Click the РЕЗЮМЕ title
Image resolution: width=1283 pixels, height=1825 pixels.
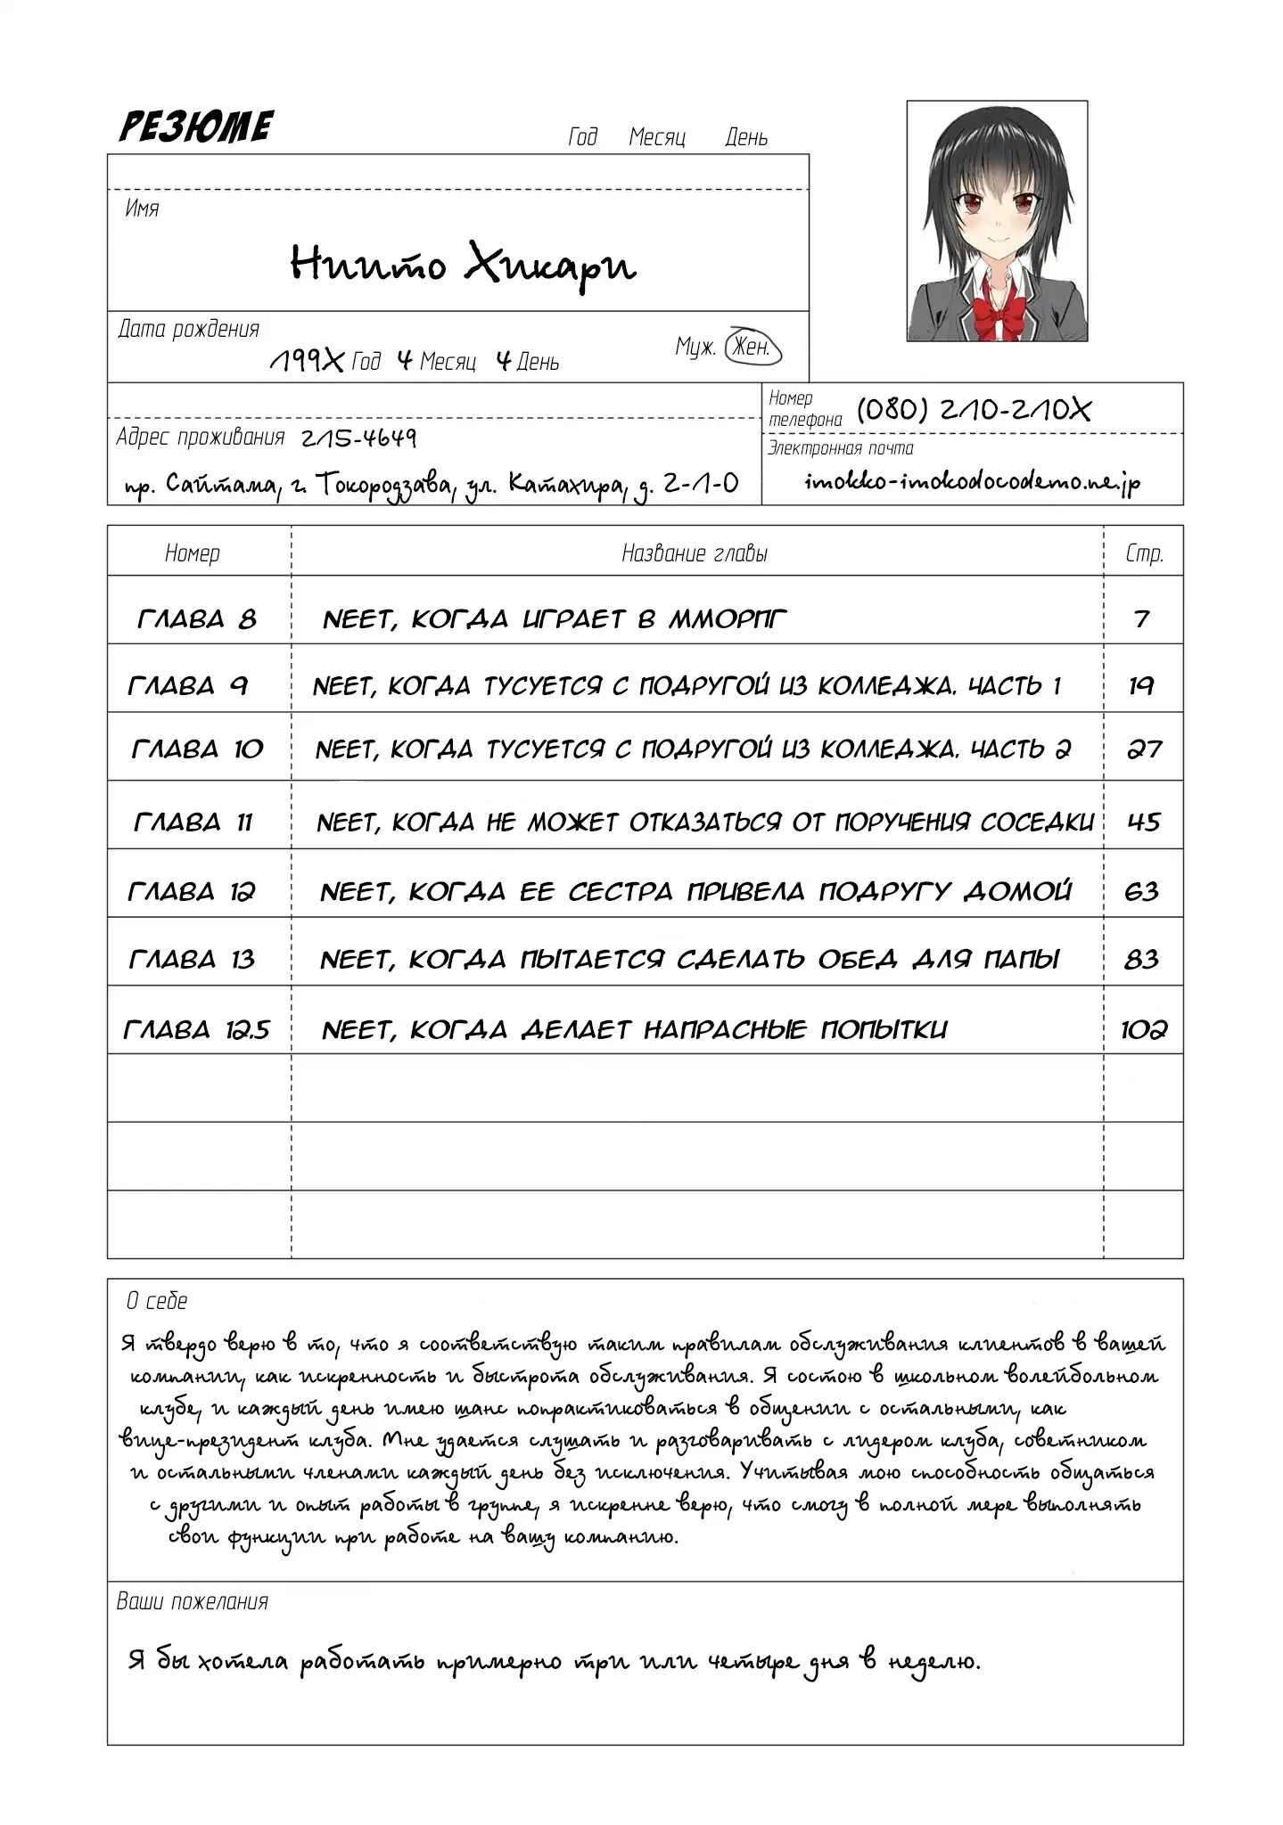click(196, 127)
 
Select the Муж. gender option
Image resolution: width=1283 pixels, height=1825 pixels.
click(695, 348)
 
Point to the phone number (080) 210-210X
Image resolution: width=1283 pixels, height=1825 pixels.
click(974, 410)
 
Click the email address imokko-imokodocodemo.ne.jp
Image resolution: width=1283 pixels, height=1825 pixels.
click(973, 482)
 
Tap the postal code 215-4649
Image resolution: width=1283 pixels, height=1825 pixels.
click(358, 438)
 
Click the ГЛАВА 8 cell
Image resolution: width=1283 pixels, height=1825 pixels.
click(198, 618)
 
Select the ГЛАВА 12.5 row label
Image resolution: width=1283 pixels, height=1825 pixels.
click(197, 1030)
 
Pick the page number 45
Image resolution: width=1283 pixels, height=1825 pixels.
click(1144, 822)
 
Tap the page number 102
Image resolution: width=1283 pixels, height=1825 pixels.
click(1144, 1030)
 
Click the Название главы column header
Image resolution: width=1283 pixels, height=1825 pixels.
click(695, 553)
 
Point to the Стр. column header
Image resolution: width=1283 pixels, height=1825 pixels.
click(1144, 553)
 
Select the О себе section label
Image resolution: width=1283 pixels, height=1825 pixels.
click(157, 1301)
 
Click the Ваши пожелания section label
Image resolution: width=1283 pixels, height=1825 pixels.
click(193, 1601)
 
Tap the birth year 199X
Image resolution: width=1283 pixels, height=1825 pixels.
click(306, 361)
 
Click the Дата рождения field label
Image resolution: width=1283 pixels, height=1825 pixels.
click(189, 329)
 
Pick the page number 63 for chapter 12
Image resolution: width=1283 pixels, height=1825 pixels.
click(1143, 891)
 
